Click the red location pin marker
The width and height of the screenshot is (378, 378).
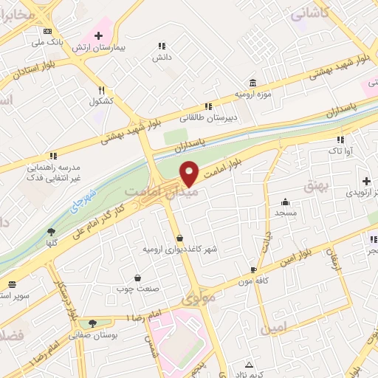190,173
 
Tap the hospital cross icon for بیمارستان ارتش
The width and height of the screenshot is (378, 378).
98,35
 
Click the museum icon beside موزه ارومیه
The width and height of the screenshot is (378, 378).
253,82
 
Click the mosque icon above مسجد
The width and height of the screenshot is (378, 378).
286,202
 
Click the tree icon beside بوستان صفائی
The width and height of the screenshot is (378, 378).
92,323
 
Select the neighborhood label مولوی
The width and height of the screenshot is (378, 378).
198,300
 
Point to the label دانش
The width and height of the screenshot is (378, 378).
162,56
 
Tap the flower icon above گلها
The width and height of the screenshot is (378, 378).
51,232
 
